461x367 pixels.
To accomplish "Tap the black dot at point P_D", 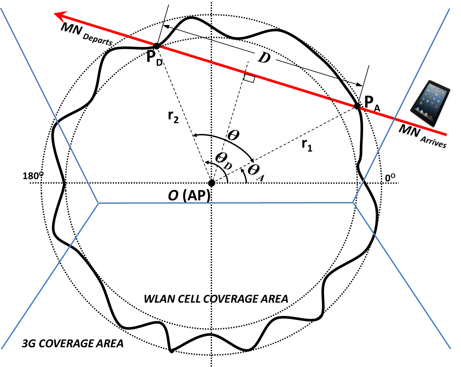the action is [157, 46].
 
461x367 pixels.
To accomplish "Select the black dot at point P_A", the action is [357, 106].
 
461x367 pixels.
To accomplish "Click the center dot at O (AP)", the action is [211, 183].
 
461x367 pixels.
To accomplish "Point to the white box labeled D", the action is [265, 57].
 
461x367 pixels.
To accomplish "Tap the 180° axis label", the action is [33, 176].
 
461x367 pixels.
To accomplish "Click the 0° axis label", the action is [390, 178].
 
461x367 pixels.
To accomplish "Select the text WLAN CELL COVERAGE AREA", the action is [216, 299].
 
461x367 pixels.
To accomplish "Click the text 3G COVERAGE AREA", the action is [73, 343].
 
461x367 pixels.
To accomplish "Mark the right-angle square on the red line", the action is [249, 78].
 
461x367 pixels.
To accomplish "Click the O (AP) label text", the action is [189, 195].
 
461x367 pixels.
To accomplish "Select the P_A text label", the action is [372, 103].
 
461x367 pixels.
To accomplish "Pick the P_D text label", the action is [154, 58].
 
